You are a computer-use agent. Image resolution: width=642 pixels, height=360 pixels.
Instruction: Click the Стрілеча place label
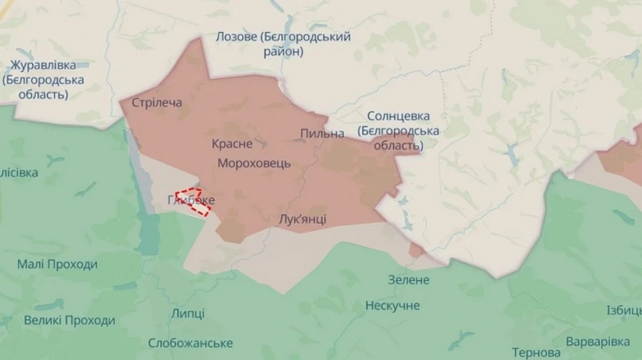(157, 103)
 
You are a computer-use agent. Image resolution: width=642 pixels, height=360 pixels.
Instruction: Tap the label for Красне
(232, 143)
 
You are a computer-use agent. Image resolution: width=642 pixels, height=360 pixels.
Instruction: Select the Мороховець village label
(254, 163)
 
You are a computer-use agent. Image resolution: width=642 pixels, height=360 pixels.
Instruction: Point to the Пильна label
(322, 133)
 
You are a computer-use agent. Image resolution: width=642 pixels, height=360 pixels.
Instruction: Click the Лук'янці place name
(302, 219)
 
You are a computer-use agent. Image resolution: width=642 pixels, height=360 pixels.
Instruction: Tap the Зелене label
(409, 279)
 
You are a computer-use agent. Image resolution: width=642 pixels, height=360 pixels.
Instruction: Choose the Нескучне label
(392, 306)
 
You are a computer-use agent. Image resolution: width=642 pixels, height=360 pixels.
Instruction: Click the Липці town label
(188, 314)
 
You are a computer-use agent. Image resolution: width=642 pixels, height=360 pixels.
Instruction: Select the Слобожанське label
(190, 343)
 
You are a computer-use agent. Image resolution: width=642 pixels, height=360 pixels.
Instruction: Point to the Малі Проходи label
(57, 264)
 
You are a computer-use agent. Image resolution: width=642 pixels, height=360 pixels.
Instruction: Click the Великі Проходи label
(69, 320)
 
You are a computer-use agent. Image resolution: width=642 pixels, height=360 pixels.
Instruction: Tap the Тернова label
(536, 352)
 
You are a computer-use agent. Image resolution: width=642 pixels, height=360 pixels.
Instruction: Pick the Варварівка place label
(598, 341)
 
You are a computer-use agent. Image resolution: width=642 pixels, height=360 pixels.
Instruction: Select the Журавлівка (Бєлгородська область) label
(42, 79)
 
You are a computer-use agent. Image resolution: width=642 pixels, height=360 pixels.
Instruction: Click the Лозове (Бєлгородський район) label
(284, 44)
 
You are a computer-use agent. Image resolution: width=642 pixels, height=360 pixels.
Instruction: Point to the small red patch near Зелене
(417, 250)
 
